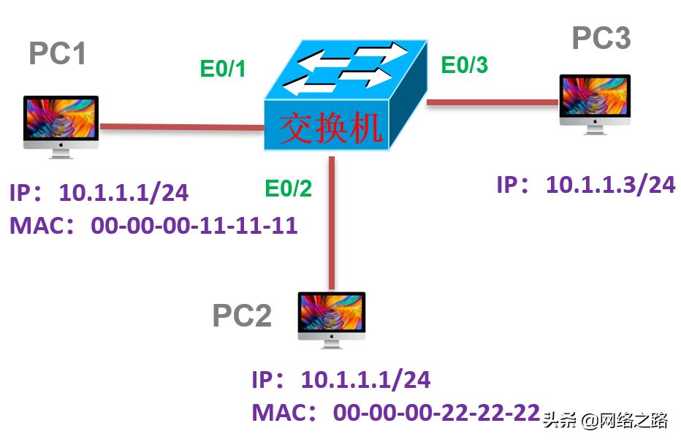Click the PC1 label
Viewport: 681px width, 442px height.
(58, 53)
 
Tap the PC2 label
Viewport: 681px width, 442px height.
(242, 316)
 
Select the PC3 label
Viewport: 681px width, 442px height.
(601, 39)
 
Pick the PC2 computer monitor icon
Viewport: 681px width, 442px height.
(332, 319)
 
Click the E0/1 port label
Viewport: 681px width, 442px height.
(223, 69)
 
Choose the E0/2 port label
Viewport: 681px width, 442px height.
(288, 189)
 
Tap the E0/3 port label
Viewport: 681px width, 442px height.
(464, 66)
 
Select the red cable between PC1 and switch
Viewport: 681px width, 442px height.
(182, 127)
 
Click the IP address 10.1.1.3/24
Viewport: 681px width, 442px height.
(611, 185)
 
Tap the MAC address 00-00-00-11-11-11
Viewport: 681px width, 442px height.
(194, 225)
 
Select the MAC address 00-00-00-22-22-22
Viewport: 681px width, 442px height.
(436, 413)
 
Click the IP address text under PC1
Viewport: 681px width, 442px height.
(124, 193)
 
